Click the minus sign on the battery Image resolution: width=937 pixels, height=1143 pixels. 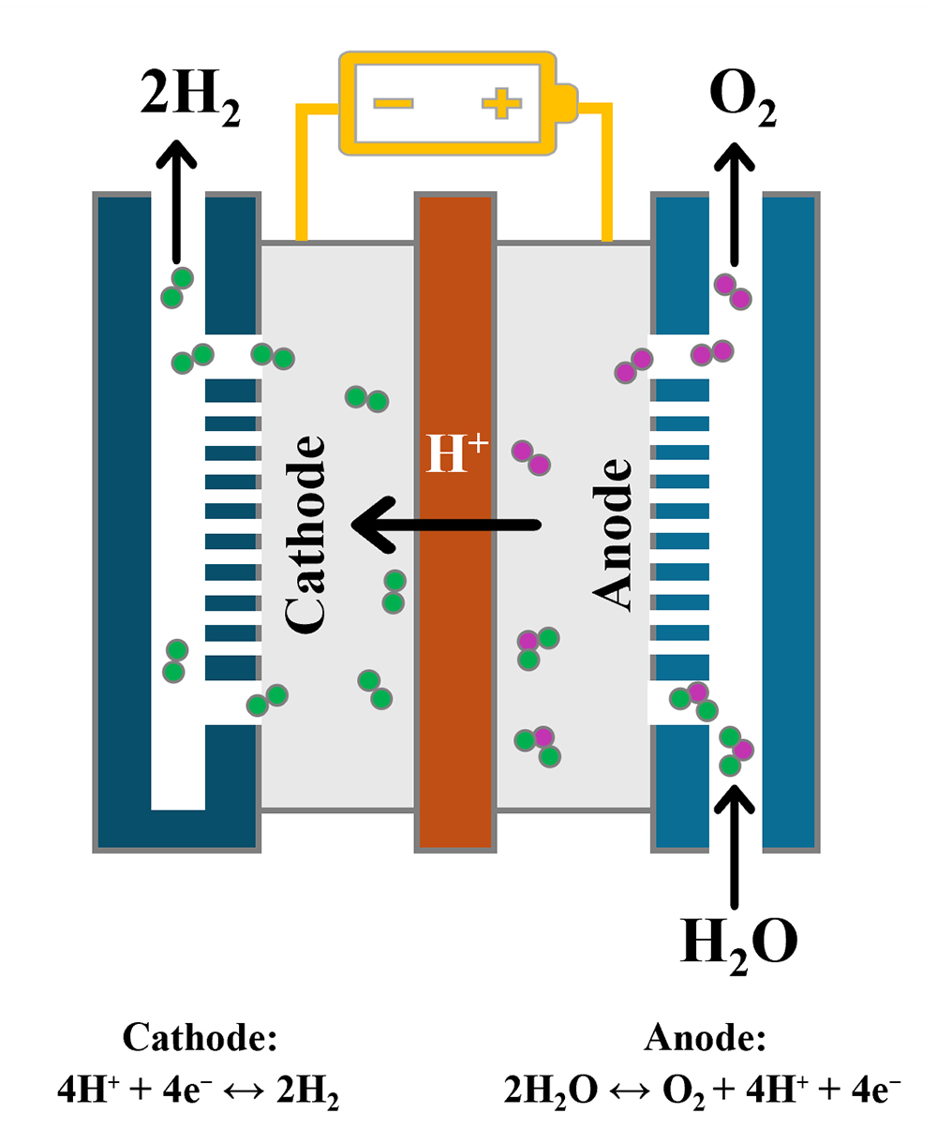395,102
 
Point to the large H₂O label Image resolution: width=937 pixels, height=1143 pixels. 738,943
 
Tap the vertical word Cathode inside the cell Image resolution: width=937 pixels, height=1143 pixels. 305,532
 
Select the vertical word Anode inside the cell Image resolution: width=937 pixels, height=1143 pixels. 614,534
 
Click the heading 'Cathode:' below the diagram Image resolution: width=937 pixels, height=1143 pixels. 200,1038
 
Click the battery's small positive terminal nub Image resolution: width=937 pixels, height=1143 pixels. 568,103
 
